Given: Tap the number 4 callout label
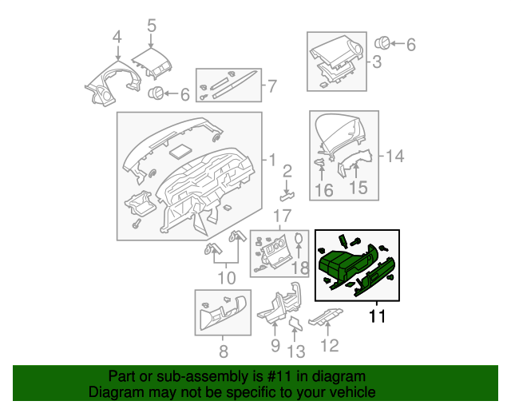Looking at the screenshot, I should pyautogui.click(x=117, y=37).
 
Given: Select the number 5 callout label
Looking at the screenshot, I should pyautogui.click(x=151, y=26).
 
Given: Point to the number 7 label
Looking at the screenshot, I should pyautogui.click(x=272, y=85).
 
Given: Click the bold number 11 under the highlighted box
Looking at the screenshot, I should pyautogui.click(x=377, y=317).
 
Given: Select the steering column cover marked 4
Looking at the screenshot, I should pyautogui.click(x=109, y=84).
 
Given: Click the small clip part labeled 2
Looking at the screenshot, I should pyautogui.click(x=287, y=193).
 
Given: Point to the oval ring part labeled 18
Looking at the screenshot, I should pyautogui.click(x=299, y=242).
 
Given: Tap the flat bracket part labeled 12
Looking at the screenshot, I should pyautogui.click(x=324, y=320).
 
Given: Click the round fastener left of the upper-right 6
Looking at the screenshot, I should pyautogui.click(x=382, y=42).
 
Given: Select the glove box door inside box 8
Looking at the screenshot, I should pyautogui.click(x=222, y=312).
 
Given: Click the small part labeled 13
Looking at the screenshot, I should pyautogui.click(x=295, y=323).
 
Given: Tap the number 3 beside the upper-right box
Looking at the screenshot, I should pyautogui.click(x=376, y=61).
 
